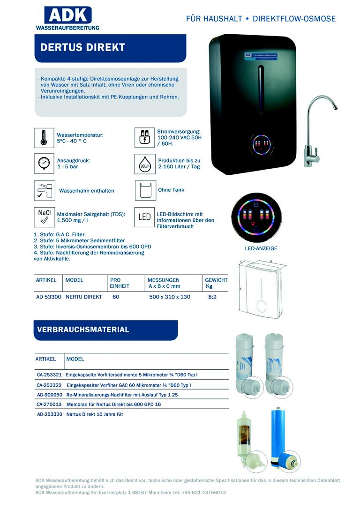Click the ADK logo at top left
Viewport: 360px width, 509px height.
pos(67,18)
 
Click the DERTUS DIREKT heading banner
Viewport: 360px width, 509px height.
pos(110,48)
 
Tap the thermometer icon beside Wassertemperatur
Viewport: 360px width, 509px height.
pos(44,138)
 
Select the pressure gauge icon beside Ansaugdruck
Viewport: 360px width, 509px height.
pos(44,163)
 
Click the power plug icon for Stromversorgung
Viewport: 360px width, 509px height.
pos(144,138)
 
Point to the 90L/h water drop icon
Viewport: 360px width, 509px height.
pos(144,164)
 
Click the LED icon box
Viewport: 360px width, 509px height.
pos(144,217)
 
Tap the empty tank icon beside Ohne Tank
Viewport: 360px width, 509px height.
pos(145,190)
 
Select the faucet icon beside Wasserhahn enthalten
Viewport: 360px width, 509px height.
pos(44,190)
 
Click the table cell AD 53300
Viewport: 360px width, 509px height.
pos(48,297)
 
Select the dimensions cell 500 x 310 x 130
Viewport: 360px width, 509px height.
pos(169,297)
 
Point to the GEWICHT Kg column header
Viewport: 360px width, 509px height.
pos(216,283)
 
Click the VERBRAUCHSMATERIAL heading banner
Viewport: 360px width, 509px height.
pos(106,330)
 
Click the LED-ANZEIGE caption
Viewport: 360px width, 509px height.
pos(261,248)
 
